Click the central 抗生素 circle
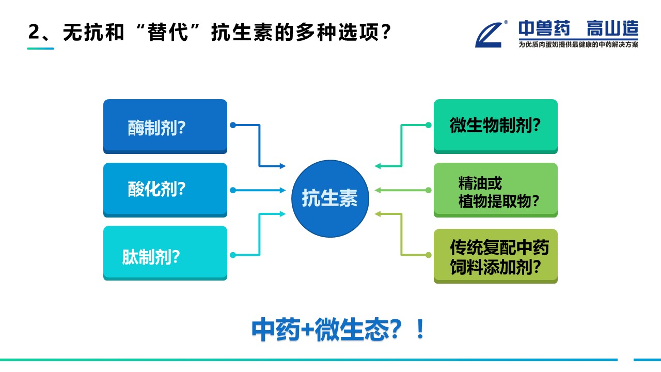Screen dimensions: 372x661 click(x=330, y=198)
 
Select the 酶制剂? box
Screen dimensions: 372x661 click(x=165, y=126)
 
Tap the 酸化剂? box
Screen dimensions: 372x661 click(x=165, y=190)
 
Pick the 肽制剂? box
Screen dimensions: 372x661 click(x=165, y=253)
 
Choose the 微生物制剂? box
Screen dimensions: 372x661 click(x=496, y=126)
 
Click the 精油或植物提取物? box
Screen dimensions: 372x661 click(x=496, y=190)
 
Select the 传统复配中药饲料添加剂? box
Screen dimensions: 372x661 click(x=496, y=256)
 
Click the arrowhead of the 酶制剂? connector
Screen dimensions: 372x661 click(x=282, y=166)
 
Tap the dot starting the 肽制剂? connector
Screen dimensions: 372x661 click(x=233, y=255)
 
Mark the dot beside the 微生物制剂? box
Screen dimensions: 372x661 click(x=428, y=125)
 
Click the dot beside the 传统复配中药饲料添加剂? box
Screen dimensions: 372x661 click(x=428, y=255)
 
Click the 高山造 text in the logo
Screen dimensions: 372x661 click(x=612, y=29)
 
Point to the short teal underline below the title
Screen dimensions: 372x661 click(x=40, y=49)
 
